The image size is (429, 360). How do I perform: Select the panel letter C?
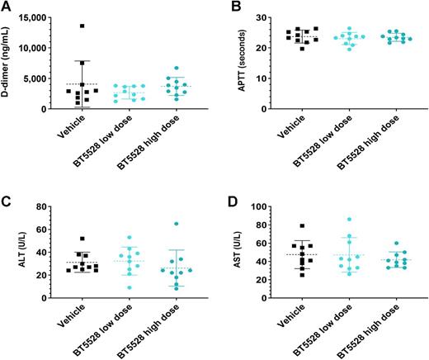[7, 197]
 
